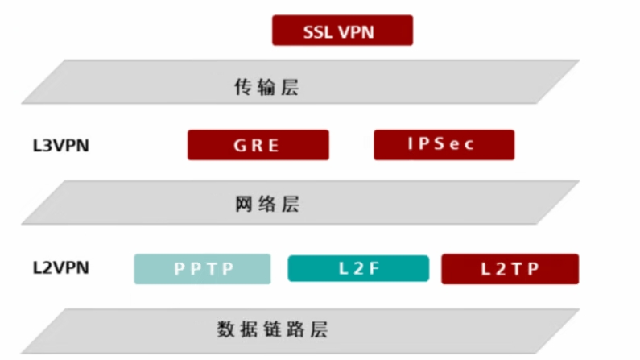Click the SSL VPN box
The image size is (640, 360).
click(343, 31)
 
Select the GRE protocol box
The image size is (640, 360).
click(258, 145)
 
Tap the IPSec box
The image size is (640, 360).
click(444, 145)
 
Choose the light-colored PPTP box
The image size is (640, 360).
click(202, 268)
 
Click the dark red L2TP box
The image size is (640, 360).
click(510, 269)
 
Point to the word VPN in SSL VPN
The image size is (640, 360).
click(358, 32)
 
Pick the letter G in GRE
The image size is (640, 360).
click(240, 146)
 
